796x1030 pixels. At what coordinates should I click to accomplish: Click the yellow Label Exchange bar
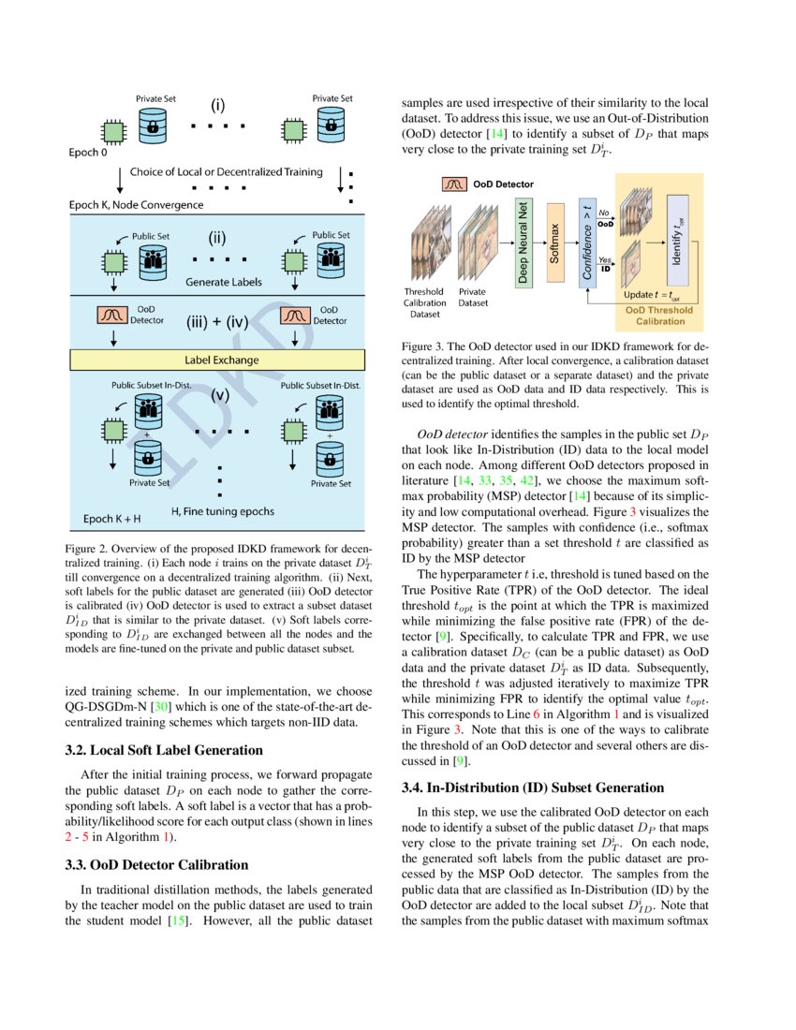tap(222, 360)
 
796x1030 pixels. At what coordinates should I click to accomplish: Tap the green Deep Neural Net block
tap(523, 241)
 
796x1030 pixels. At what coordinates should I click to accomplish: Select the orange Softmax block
tap(554, 241)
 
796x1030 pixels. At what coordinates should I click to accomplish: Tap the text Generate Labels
tap(223, 282)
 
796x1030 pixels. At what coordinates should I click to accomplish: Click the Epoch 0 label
tap(90, 152)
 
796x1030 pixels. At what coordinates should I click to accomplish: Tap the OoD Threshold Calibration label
tap(659, 316)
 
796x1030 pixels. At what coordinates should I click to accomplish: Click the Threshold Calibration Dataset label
tap(424, 302)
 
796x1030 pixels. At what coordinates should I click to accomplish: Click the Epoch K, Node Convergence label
tap(137, 203)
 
